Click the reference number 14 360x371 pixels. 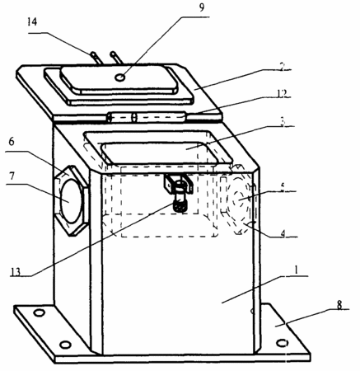point(32,21)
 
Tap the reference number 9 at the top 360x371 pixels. point(202,7)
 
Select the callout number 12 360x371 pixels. point(282,94)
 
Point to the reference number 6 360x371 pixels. point(12,142)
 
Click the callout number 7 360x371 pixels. point(12,176)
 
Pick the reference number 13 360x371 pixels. point(16,272)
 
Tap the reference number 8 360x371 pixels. point(340,305)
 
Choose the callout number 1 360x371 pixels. point(296,270)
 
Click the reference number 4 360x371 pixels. point(283,234)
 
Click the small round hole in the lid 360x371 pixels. point(120,77)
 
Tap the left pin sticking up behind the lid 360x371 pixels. point(96,58)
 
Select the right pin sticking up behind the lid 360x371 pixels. point(117,58)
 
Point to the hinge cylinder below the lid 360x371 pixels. point(146,118)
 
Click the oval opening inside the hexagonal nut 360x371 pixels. point(71,201)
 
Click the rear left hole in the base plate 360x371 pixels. point(39,312)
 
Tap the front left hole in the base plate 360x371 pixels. point(65,345)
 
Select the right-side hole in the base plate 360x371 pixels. point(282,343)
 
